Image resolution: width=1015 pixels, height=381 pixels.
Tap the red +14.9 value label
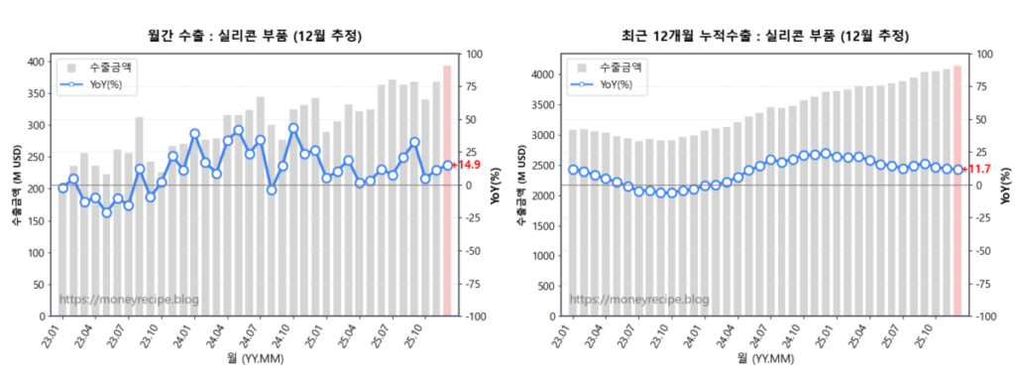(x=468, y=165)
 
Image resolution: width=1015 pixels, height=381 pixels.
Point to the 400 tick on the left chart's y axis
(x=37, y=62)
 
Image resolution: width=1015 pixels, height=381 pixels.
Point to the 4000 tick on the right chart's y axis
(x=542, y=74)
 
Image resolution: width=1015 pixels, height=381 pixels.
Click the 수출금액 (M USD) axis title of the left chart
(x=17, y=189)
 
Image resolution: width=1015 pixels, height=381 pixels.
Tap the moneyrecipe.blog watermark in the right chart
(x=639, y=299)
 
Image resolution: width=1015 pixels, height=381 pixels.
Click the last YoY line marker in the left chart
(x=447, y=166)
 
